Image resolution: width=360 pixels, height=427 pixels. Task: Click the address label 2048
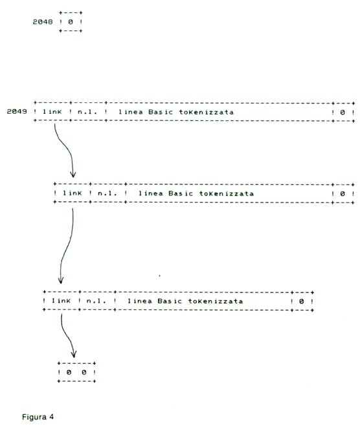coord(43,22)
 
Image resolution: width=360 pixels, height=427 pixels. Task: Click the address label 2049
coord(17,111)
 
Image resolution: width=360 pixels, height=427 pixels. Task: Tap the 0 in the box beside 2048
coord(71,22)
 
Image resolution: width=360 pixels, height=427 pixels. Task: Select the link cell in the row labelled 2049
coord(52,112)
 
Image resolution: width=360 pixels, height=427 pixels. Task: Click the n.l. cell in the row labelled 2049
coord(87,112)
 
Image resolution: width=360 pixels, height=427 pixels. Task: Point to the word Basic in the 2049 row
coord(161,112)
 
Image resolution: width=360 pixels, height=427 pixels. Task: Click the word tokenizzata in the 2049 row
coord(207,112)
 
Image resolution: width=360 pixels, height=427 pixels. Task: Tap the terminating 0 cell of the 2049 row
coord(343,112)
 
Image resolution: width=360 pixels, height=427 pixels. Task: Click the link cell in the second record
coord(73,193)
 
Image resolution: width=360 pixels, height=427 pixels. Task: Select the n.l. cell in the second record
coord(107,193)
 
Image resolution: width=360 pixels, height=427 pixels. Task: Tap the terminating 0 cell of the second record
coord(343,193)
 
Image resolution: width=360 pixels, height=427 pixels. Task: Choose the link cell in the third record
coord(61,301)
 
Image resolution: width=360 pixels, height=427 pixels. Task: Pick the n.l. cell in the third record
coord(96,301)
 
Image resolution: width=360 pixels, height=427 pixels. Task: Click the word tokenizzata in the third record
coord(216,301)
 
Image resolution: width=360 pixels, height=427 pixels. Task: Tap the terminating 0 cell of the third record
coord(301,301)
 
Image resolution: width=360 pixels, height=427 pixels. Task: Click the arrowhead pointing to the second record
coord(73,174)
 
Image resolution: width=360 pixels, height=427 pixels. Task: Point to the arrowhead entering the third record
coord(61,280)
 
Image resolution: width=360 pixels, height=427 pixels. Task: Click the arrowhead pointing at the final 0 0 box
coord(74,355)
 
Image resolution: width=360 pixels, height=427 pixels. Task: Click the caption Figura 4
coord(38,417)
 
